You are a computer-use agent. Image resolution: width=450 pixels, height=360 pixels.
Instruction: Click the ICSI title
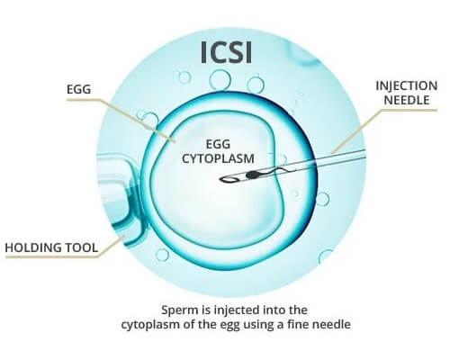[x=227, y=53]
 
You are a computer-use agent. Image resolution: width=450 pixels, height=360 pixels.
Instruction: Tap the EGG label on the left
[x=78, y=89]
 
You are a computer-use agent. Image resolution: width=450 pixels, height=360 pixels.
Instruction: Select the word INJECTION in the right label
[x=407, y=85]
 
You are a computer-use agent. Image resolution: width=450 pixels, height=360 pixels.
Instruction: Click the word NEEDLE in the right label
[x=407, y=100]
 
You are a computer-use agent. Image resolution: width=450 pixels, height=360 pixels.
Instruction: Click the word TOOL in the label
[x=83, y=247]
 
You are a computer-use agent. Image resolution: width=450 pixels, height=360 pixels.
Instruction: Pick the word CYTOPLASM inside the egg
[x=218, y=158]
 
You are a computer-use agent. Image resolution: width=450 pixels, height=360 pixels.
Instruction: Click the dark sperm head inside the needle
[x=252, y=175]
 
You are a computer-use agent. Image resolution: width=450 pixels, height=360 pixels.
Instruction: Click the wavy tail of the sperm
[x=276, y=171]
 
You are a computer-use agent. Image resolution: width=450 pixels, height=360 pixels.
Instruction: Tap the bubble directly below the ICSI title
[x=220, y=79]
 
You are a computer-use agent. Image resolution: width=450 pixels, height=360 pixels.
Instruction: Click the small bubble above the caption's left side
[x=162, y=255]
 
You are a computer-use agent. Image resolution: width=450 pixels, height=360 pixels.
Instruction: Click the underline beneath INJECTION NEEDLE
[x=409, y=110]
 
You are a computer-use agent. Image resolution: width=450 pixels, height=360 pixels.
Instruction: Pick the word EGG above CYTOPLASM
[x=218, y=144]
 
